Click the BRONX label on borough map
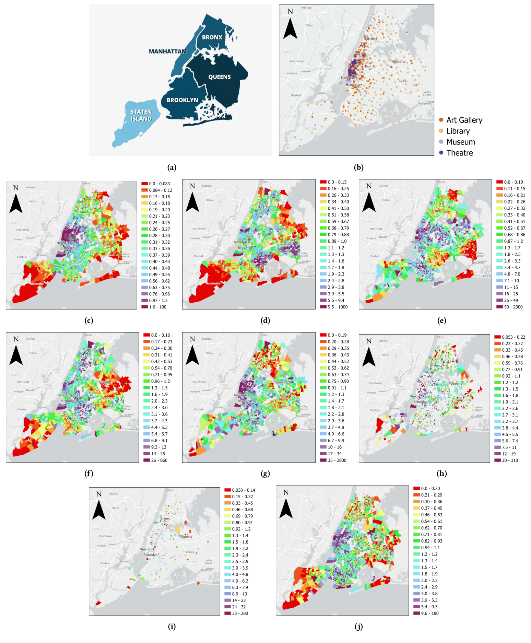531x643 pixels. point(212,37)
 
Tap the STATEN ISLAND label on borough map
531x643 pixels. point(141,115)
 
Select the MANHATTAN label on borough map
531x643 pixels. point(167,51)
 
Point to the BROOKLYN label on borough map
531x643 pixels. point(182,100)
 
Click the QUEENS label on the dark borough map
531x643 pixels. point(220,77)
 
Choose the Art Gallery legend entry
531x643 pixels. point(461,120)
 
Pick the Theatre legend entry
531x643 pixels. point(456,153)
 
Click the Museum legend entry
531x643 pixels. point(457,142)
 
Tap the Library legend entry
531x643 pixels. point(455,131)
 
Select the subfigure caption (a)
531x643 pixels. point(172,167)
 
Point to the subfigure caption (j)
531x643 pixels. point(358,627)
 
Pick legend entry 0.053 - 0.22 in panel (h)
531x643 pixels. point(510,337)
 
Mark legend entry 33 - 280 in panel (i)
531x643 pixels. point(236,613)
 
